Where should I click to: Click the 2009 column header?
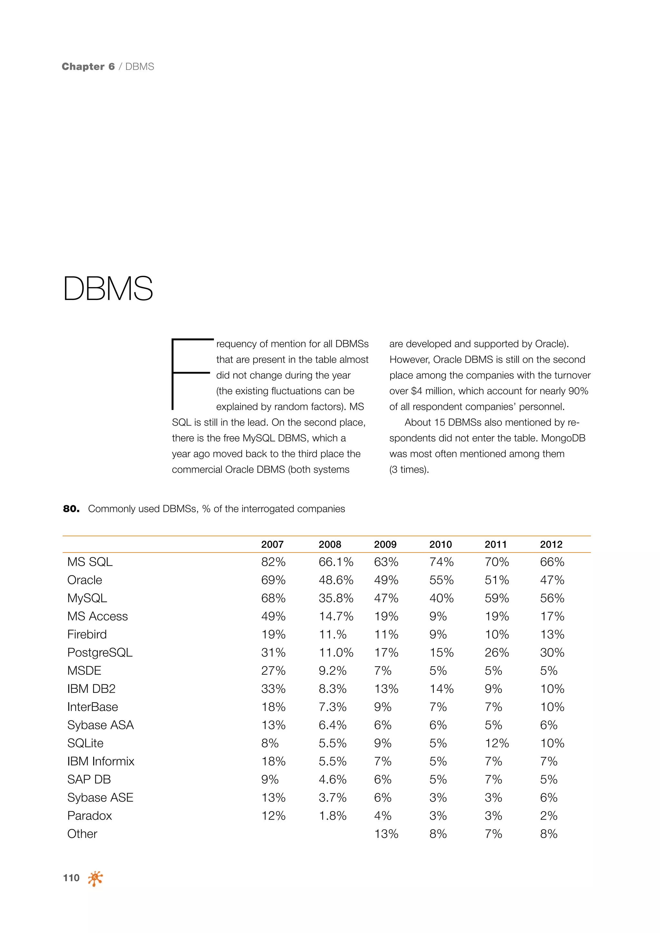[385, 544]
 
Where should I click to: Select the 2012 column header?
[551, 544]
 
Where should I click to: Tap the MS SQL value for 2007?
[273, 562]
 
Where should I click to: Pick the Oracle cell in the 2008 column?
[336, 580]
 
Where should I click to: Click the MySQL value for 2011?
[497, 598]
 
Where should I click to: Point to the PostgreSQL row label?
[100, 653]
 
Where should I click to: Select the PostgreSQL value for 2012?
[552, 653]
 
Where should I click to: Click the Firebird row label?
[87, 634]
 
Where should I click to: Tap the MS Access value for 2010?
[438, 616]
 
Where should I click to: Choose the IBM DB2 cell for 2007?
[273, 689]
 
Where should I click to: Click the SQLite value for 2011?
[497, 743]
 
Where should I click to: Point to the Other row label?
[82, 834]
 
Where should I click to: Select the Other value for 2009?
[386, 834]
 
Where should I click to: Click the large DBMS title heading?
[108, 289]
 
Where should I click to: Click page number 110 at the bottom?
[71, 878]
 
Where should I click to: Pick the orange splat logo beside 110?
[95, 878]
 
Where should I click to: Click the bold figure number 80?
[71, 509]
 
